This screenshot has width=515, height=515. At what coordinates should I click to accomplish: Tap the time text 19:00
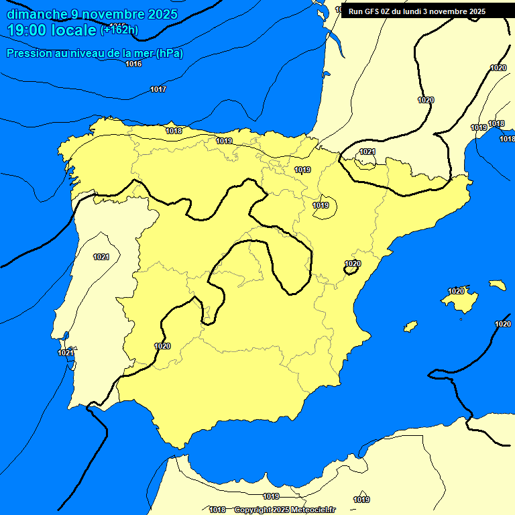27,30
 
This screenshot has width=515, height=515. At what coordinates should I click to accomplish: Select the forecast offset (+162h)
119,30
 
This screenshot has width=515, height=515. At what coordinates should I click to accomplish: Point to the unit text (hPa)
170,54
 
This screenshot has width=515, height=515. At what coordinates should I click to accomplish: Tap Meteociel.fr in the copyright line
312,510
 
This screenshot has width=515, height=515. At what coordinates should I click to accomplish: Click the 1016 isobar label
133,64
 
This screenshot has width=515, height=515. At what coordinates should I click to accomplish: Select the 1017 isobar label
158,89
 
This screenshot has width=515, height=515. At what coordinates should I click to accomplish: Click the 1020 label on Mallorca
456,291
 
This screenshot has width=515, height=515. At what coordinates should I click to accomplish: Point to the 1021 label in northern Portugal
101,257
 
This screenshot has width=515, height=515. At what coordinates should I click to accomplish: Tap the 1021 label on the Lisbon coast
66,353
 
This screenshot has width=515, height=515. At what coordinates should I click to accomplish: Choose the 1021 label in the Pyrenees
367,152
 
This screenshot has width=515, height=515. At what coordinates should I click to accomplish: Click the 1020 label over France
426,100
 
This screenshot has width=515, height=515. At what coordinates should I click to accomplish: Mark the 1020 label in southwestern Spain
162,346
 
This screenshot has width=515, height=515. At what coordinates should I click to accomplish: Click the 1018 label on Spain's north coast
174,131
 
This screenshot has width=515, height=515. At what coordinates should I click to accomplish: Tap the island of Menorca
497,285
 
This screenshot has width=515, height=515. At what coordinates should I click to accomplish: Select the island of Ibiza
410,327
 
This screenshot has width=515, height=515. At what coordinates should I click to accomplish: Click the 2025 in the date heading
162,14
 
